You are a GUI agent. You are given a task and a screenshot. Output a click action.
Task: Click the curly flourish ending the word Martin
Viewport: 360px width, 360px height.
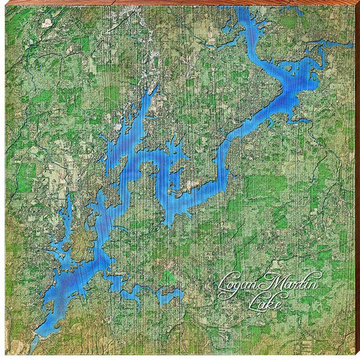click(317, 276)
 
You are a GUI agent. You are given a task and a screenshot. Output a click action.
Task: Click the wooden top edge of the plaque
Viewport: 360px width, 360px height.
click(180, 3)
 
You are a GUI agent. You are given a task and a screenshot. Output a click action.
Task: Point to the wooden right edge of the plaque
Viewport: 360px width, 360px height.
click(357, 180)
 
